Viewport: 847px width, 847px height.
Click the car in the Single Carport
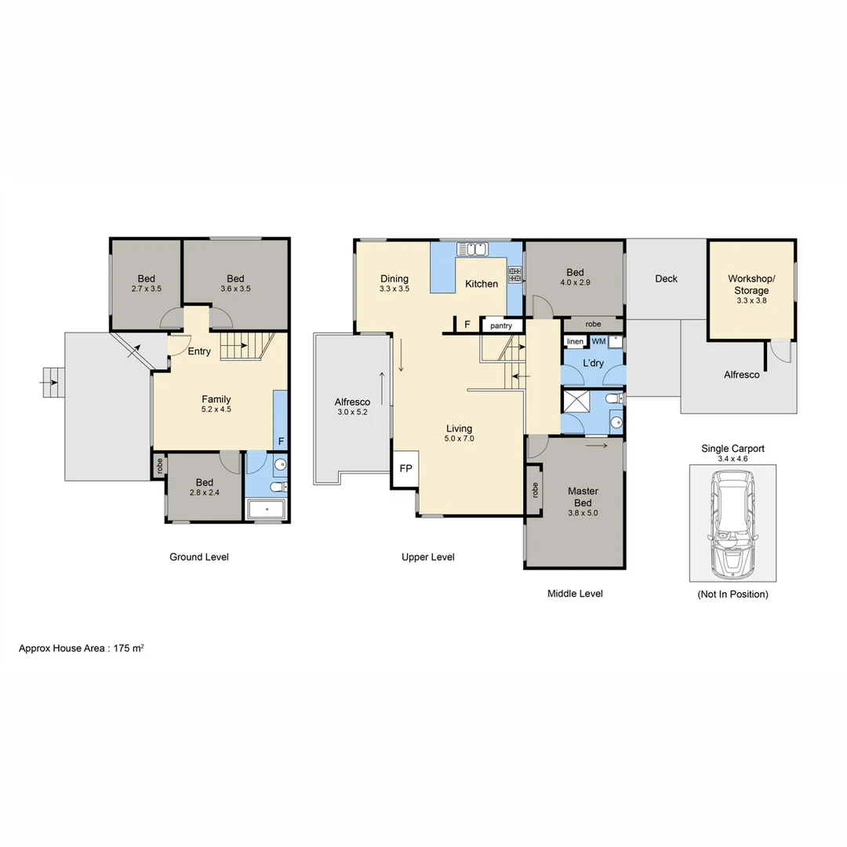tap(732, 522)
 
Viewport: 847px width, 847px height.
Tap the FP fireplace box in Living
tap(406, 468)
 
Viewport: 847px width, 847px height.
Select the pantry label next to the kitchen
tap(500, 325)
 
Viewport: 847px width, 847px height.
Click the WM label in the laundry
tap(598, 342)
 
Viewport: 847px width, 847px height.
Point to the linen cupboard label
tap(575, 342)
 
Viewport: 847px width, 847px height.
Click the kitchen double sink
tap(474, 249)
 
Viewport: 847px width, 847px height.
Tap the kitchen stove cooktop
tap(515, 274)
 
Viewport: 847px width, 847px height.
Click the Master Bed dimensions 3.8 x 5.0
tap(583, 513)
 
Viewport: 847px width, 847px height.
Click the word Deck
tap(666, 278)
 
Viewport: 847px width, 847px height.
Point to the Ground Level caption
tap(199, 557)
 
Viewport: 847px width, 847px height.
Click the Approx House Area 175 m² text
tap(82, 649)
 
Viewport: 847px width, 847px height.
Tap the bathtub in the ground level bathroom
tap(267, 510)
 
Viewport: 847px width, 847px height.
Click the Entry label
tap(199, 351)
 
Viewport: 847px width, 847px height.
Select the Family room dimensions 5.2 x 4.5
tap(216, 409)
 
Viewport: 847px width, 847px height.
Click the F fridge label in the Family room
tap(281, 442)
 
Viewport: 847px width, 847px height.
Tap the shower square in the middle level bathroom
tap(577, 402)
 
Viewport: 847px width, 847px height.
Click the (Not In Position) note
tap(732, 594)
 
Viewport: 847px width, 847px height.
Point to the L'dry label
tap(592, 363)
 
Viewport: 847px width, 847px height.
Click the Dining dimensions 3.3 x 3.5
tap(394, 289)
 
